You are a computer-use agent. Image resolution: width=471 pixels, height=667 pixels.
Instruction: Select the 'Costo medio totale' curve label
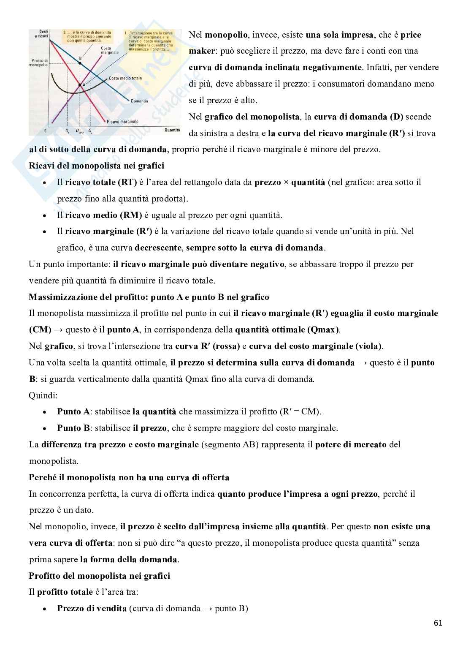pos(125,79)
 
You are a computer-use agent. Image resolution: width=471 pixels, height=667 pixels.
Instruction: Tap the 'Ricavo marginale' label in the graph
pos(122,122)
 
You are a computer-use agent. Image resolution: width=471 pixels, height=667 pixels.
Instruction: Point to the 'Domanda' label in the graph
pos(139,101)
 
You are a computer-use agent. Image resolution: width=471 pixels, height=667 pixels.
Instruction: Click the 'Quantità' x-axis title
pos(172,131)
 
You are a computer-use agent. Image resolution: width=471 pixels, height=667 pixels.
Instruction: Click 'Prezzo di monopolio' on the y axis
pos(39,63)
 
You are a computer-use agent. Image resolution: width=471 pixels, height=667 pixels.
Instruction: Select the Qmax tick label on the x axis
pos(79,131)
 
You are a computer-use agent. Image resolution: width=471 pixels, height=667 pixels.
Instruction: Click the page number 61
pos(438,623)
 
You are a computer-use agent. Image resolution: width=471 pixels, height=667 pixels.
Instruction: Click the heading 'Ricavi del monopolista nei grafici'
pos(96,166)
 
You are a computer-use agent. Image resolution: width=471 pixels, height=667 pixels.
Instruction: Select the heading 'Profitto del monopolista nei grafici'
pos(99,576)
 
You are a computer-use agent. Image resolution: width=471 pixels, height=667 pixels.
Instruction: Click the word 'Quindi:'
pos(43,395)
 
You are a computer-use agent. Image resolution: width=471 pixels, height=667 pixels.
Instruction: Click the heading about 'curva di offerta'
pos(129,477)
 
